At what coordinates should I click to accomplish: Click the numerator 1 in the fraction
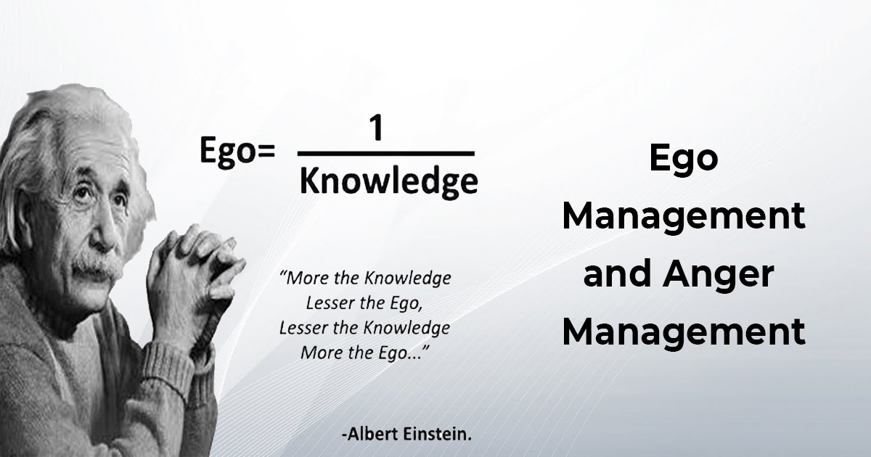[x=376, y=131]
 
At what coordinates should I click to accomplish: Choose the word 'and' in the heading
[x=618, y=276]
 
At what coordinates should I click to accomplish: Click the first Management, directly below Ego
[x=683, y=216]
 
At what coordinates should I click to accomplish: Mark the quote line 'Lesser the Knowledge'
[x=365, y=327]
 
